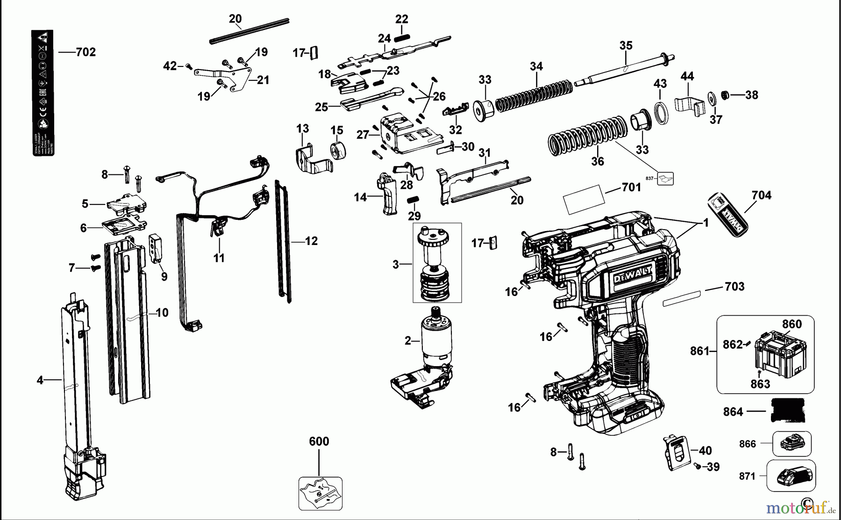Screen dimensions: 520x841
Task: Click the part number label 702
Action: (86, 52)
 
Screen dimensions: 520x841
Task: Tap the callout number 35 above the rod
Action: (626, 45)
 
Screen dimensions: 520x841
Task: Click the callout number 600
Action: (319, 441)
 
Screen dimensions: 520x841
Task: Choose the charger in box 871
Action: (791, 476)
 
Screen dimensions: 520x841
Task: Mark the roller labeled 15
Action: (337, 150)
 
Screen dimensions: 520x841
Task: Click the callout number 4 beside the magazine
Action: (40, 380)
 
